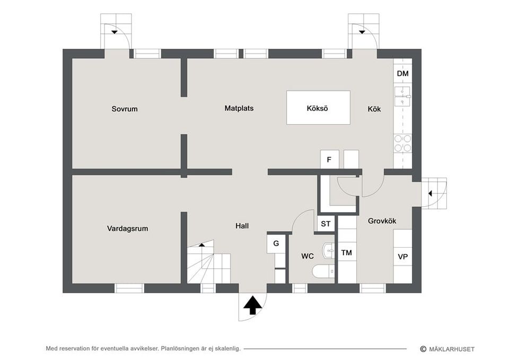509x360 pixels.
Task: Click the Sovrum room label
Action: click(124, 109)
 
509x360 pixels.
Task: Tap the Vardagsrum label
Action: click(127, 229)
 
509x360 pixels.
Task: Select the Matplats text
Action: click(239, 108)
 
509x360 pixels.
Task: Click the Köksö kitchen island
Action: click(318, 108)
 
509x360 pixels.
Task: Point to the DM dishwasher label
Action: click(402, 73)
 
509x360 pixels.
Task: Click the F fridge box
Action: click(329, 160)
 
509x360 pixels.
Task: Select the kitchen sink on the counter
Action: click(402, 96)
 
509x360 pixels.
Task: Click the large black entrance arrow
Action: click(252, 305)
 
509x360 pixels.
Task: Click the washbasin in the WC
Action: click(328, 251)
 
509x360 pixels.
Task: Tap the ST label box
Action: click(326, 224)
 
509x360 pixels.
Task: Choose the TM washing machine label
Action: click(346, 252)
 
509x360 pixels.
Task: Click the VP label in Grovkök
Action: click(402, 257)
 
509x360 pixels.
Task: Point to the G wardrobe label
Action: click(276, 243)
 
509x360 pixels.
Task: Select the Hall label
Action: click(242, 226)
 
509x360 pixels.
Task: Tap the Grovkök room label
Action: click(382, 221)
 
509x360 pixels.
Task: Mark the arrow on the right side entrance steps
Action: click(430, 194)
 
